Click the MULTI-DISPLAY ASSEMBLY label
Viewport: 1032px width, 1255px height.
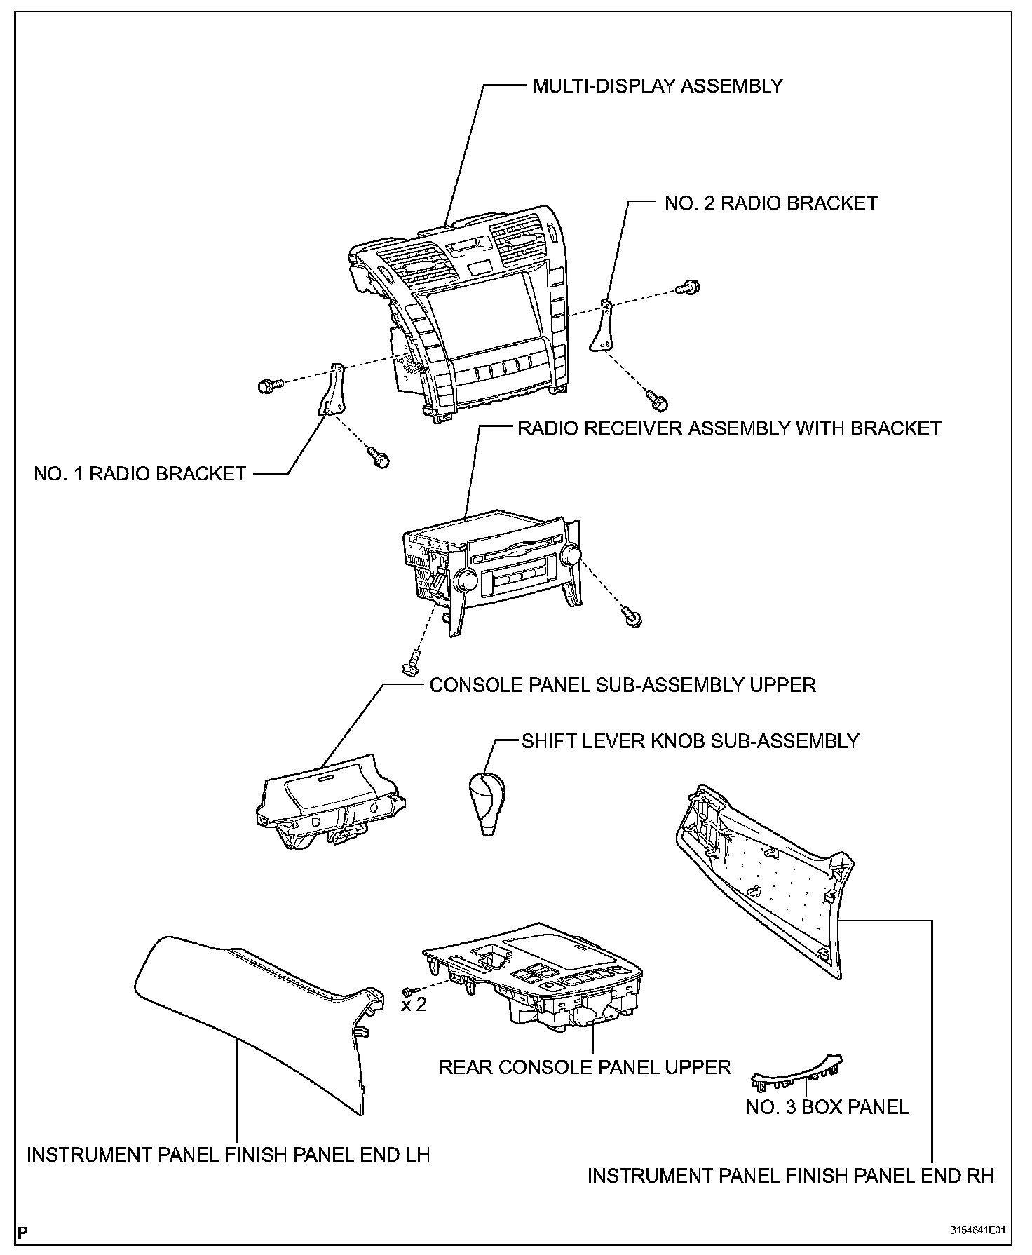pos(658,86)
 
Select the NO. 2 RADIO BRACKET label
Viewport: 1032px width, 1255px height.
pos(770,203)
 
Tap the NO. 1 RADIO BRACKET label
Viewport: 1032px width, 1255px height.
pos(140,474)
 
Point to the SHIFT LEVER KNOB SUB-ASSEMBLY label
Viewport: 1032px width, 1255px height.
pos(691,741)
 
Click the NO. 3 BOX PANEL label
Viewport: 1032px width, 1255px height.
pos(827,1107)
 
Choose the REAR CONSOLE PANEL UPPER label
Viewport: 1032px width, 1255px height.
pos(585,1067)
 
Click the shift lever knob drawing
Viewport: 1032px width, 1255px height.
pos(486,803)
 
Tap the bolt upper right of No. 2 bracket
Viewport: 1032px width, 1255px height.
pos(688,287)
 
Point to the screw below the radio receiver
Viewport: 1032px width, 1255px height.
pos(412,662)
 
